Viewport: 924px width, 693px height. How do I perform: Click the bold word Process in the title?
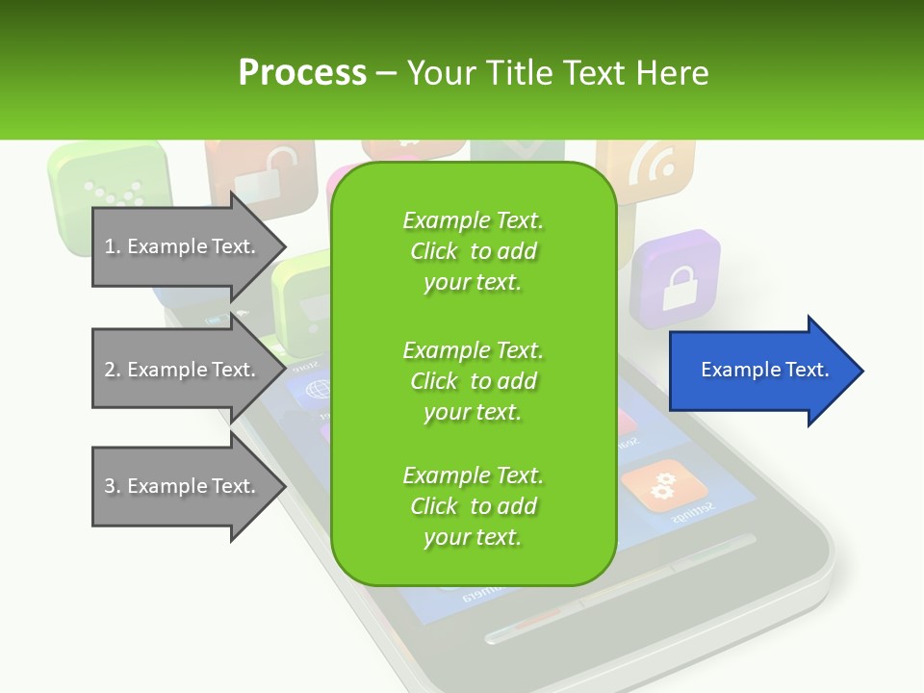[x=302, y=73]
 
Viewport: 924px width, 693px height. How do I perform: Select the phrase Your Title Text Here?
[x=557, y=73]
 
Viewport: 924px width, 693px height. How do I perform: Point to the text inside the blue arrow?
[x=765, y=370]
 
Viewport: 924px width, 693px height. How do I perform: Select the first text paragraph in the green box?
[x=473, y=251]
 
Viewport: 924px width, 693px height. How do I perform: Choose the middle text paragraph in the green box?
[x=473, y=381]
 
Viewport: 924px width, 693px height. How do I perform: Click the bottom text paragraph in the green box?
[x=473, y=506]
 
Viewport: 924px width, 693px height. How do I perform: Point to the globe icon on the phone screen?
[x=315, y=391]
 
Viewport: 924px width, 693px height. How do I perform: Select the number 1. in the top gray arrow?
[x=113, y=246]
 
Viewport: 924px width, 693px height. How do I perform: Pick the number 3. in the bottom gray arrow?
[x=113, y=486]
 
